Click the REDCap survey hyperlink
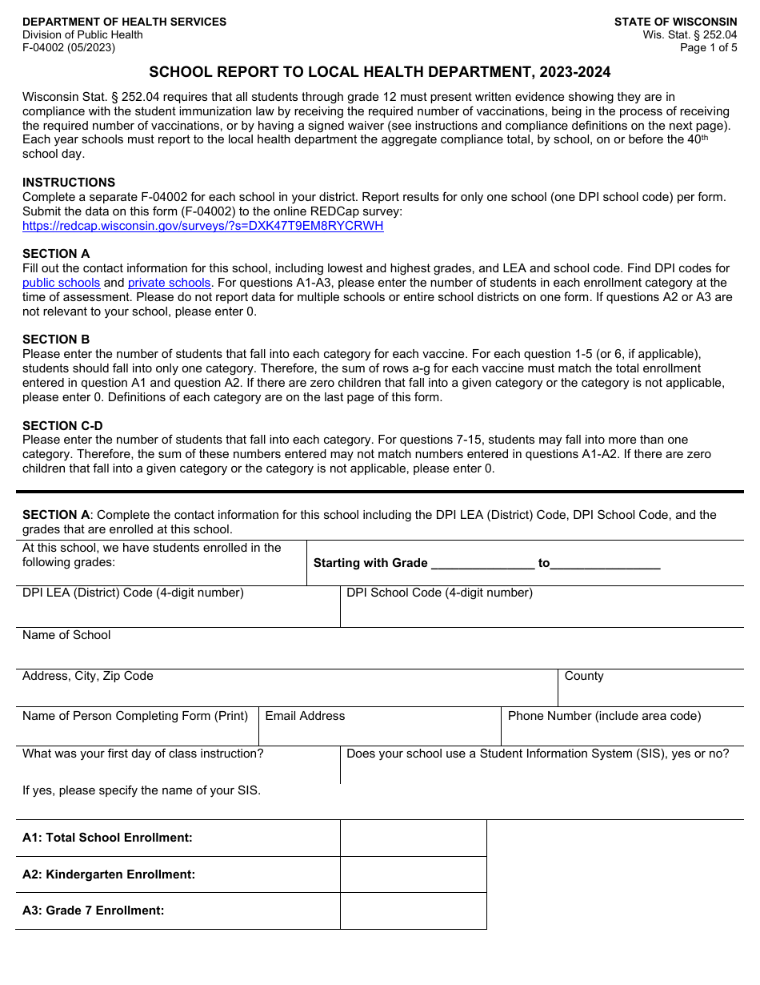[202, 226]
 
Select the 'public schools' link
[61, 283]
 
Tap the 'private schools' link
[169, 283]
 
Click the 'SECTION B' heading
[56, 340]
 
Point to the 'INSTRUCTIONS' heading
[69, 183]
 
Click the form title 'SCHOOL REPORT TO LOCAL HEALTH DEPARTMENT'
[379, 73]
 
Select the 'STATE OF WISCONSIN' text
[675, 22]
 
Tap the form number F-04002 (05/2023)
[69, 47]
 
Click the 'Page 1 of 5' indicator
[708, 47]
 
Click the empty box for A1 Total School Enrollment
[413, 838]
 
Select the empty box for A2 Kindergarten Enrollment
[413, 874]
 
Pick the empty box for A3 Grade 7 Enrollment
[413, 911]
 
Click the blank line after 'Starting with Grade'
[482, 563]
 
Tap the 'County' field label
[584, 676]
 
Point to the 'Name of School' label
[66, 635]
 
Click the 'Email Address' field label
[305, 716]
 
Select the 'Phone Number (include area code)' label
[604, 716]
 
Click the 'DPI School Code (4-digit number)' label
[439, 593]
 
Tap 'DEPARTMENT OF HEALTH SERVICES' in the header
[124, 22]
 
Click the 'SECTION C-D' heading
[62, 426]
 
